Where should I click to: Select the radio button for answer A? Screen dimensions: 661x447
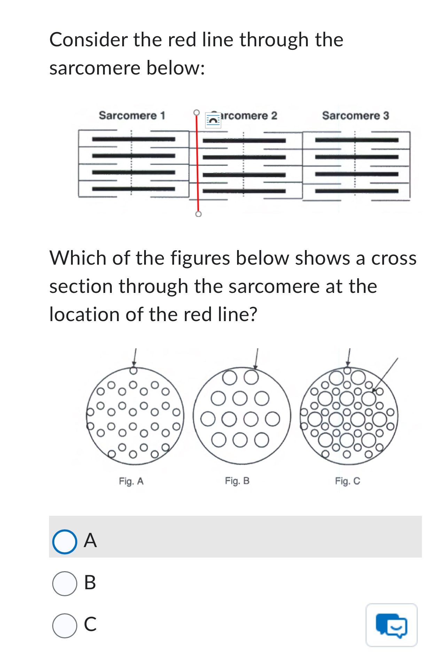click(x=64, y=542)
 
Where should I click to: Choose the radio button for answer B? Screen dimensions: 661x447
click(x=64, y=583)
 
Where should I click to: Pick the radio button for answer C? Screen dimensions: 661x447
click(x=64, y=625)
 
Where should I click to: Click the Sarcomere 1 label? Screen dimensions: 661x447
click(x=132, y=115)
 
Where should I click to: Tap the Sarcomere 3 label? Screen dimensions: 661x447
click(x=355, y=115)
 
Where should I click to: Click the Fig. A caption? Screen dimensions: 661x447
click(x=131, y=481)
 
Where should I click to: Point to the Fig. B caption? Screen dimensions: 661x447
click(x=237, y=481)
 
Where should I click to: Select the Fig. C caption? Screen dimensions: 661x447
click(x=347, y=481)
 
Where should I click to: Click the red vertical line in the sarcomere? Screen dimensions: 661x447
click(x=197, y=164)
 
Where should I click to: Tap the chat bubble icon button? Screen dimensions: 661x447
click(x=391, y=625)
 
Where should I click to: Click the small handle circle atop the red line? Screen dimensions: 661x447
click(x=197, y=112)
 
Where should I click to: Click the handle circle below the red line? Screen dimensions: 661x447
click(x=198, y=214)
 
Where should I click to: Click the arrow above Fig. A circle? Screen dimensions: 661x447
click(x=135, y=357)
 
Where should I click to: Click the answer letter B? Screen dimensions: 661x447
click(x=90, y=583)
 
